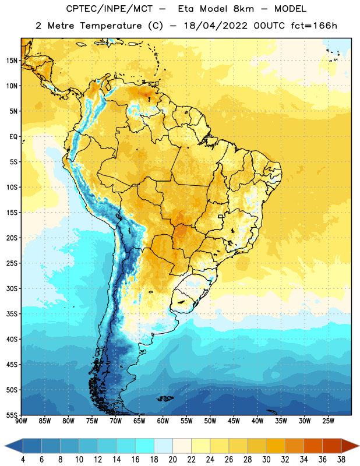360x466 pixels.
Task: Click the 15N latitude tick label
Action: [12, 61]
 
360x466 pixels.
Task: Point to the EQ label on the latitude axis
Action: [13, 137]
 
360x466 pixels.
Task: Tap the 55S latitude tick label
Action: [12, 415]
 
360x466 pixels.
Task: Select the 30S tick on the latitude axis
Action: [12, 288]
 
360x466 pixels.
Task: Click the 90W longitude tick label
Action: [21, 421]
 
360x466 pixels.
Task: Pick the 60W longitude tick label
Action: [163, 421]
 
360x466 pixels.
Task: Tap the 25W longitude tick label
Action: [328, 421]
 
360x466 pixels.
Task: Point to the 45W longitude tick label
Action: [234, 421]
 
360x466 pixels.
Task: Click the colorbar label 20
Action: [172, 460]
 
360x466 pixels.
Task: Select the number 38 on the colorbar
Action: [341, 460]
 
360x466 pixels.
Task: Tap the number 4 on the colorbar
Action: [23, 460]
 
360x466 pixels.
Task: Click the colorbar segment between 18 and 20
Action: [163, 446]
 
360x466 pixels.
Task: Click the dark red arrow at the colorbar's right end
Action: [350, 446]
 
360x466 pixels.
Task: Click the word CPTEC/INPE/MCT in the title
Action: [109, 9]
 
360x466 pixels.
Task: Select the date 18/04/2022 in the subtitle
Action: [216, 26]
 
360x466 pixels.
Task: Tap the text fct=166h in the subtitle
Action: [314, 26]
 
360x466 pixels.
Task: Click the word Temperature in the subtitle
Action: [111, 26]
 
